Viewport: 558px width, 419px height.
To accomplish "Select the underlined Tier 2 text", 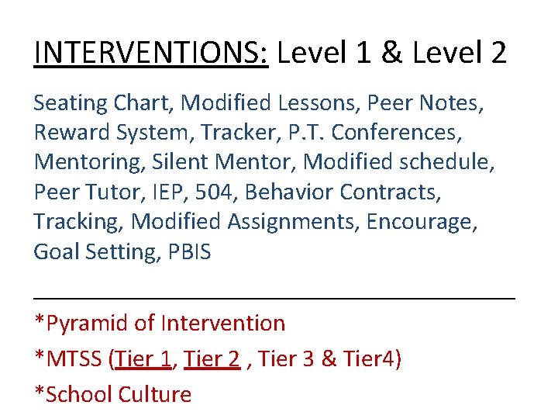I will (x=212, y=358).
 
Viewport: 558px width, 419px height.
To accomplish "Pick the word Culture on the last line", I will (x=154, y=394).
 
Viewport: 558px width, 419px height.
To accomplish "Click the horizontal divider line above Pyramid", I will (x=274, y=296).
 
